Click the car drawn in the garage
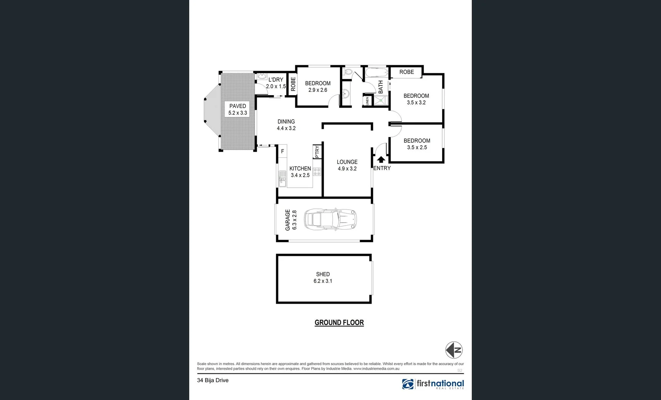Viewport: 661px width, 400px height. click(x=330, y=220)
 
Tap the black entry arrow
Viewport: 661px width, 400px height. click(x=381, y=160)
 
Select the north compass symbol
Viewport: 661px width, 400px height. click(x=454, y=350)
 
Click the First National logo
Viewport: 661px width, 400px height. click(x=433, y=384)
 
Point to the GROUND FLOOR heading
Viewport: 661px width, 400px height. click(x=339, y=323)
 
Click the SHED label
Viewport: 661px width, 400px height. click(x=323, y=274)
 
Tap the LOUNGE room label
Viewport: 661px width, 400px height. click(x=347, y=162)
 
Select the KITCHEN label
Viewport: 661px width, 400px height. click(x=300, y=169)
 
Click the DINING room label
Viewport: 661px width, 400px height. click(x=286, y=121)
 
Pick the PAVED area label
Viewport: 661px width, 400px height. click(x=237, y=106)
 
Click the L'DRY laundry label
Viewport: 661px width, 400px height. click(x=276, y=80)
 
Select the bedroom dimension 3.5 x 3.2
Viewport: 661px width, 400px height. click(x=416, y=103)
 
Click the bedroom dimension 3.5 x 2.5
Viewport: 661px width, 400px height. click(x=417, y=147)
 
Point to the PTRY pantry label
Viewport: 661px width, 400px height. click(x=317, y=151)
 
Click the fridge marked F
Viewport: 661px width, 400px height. click(x=283, y=151)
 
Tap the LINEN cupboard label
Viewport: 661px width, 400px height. click(x=367, y=101)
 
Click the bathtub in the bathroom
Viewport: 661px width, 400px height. click(x=376, y=72)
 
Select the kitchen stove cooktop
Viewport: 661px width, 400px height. click(x=317, y=172)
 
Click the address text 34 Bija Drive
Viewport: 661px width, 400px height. click(x=213, y=380)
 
